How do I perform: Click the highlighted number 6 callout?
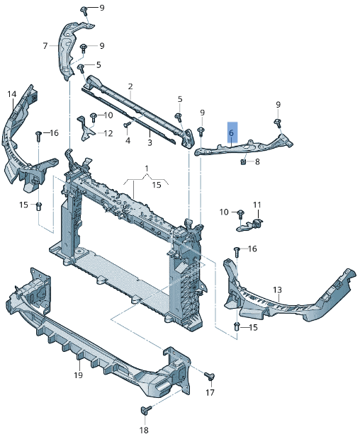[231, 132]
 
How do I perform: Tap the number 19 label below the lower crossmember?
[79, 375]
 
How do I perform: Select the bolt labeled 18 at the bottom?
[145, 410]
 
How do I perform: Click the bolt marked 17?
[209, 375]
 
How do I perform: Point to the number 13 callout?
[277, 290]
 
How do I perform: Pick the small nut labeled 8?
[243, 162]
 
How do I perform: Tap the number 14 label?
[11, 94]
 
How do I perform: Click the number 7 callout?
[45, 46]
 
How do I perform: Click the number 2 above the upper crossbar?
[130, 86]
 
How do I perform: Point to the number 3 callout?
[150, 142]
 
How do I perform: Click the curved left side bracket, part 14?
[18, 142]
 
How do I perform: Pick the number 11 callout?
[257, 205]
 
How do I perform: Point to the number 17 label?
[210, 392]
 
